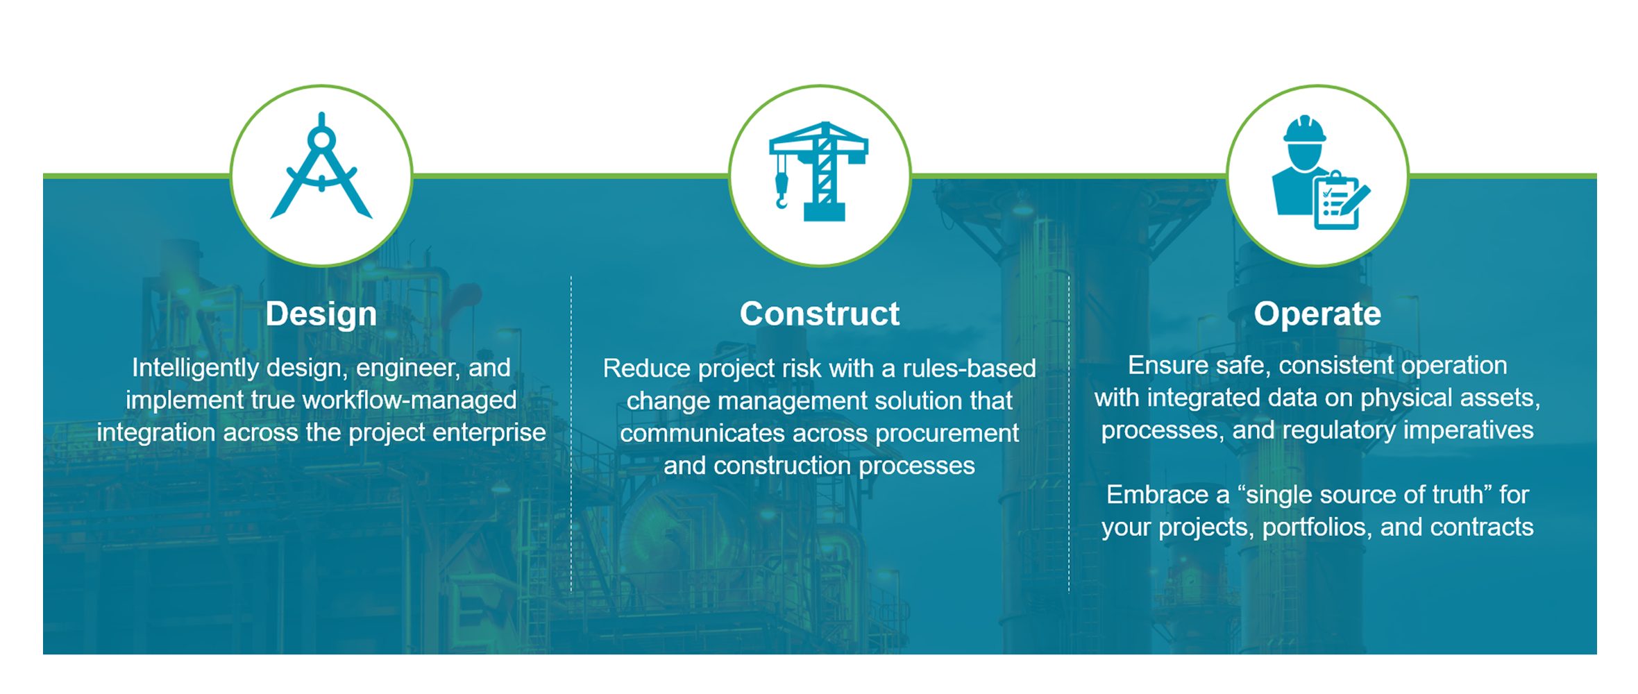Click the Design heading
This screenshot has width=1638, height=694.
point(321,314)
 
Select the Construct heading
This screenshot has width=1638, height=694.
point(819,314)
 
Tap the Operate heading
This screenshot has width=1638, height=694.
point(1317,314)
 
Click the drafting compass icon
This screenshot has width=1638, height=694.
point(321,167)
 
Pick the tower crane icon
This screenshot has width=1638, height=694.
point(819,171)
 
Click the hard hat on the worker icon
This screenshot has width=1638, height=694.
point(1305,129)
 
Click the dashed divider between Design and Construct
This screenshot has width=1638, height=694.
point(571,434)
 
